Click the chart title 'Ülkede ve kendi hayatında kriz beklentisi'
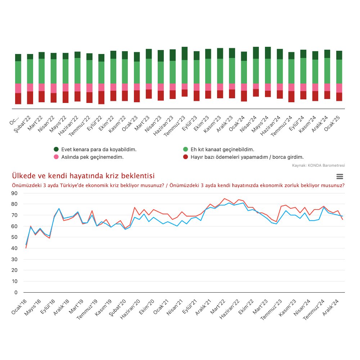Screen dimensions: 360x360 83,176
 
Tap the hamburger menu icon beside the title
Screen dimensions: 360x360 339,176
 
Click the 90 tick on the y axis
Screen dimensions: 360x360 14,193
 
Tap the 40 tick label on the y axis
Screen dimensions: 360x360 14,248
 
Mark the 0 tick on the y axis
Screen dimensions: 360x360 16,292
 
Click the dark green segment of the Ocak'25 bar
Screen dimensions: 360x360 339,55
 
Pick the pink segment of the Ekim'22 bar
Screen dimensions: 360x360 113,87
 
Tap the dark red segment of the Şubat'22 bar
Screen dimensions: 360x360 30,98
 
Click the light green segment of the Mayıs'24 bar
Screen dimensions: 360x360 267,71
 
